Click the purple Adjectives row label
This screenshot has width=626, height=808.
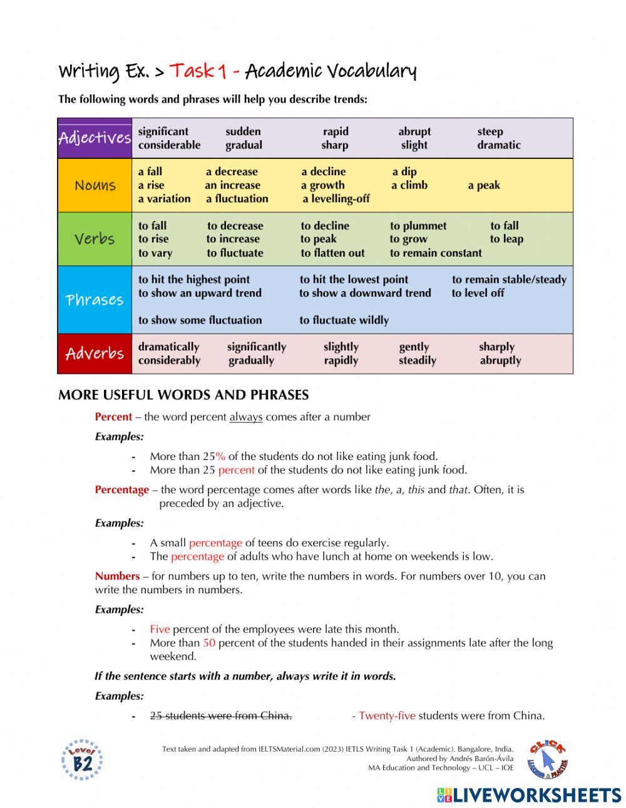[x=95, y=138]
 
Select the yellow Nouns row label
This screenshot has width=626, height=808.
[x=95, y=185]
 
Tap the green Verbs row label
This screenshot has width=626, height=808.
[x=95, y=239]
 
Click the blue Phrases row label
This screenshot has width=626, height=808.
[x=95, y=300]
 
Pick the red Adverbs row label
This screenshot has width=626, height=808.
[x=95, y=354]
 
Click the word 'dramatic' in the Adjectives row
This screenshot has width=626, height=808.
[x=498, y=145]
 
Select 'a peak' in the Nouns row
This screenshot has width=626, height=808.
[x=483, y=185]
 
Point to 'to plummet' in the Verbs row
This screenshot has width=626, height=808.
[x=418, y=226]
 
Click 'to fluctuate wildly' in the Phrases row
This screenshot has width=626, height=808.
[x=344, y=320]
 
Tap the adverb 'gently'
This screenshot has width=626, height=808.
[x=414, y=347]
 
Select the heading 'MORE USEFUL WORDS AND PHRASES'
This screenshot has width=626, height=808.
[x=183, y=395]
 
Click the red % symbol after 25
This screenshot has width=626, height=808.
[x=220, y=456]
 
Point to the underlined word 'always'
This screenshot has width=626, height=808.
[x=246, y=417]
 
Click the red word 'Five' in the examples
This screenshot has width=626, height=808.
[x=160, y=629]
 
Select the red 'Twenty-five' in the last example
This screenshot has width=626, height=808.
[x=387, y=715]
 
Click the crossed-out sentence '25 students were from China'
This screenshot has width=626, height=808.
[x=220, y=715]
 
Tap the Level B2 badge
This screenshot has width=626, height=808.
[x=82, y=760]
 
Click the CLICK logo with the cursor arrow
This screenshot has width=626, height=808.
[x=547, y=759]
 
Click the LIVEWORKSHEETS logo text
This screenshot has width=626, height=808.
[x=529, y=795]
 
